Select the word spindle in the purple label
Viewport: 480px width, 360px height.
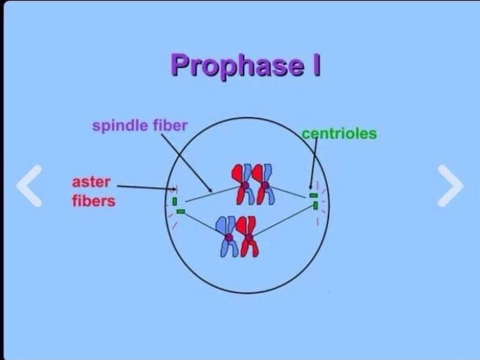[119, 126]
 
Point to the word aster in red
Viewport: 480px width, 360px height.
[91, 182]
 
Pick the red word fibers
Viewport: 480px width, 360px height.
[93, 201]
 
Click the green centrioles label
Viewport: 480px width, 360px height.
[339, 134]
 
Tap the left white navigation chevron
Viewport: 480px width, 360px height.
[30, 186]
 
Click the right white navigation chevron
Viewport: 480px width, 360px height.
[450, 186]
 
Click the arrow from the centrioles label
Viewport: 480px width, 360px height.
[314, 162]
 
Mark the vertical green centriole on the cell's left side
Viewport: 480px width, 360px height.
[174, 202]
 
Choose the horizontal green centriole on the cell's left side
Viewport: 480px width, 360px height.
[181, 211]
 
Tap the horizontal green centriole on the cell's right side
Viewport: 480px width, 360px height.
[314, 195]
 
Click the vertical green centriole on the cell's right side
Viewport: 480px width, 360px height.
[316, 205]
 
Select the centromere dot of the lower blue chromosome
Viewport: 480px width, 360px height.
[229, 238]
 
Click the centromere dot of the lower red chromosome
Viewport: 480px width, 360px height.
[249, 238]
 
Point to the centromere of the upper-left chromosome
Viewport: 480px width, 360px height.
[245, 186]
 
